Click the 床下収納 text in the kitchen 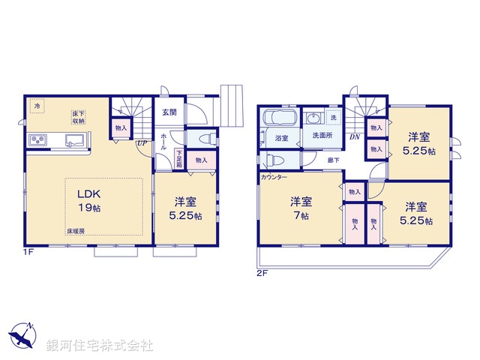(x=78, y=116)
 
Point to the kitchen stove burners (x=39, y=140)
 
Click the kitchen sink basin (x=76, y=139)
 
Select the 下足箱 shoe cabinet (x=179, y=158)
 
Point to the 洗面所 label (x=322, y=137)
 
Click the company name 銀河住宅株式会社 (x=101, y=346)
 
